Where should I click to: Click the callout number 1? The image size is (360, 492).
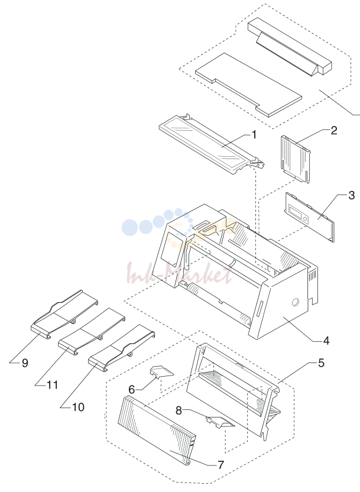254,135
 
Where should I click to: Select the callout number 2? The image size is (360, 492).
333,131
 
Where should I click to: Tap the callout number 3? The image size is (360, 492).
351,195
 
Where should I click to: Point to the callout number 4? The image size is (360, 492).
326,341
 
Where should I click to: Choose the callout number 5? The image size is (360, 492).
321,363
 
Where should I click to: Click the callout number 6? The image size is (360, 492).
132,390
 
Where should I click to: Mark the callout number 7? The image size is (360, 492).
220,465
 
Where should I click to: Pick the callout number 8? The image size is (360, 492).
179,410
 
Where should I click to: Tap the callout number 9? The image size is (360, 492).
25,363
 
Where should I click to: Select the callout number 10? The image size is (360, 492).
78,407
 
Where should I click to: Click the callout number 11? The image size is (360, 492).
53,385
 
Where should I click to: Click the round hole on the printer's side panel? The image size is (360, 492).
295,302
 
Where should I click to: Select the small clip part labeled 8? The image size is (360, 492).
220,422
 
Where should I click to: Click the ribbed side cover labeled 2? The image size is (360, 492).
296,158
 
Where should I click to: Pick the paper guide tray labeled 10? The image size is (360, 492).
122,349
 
